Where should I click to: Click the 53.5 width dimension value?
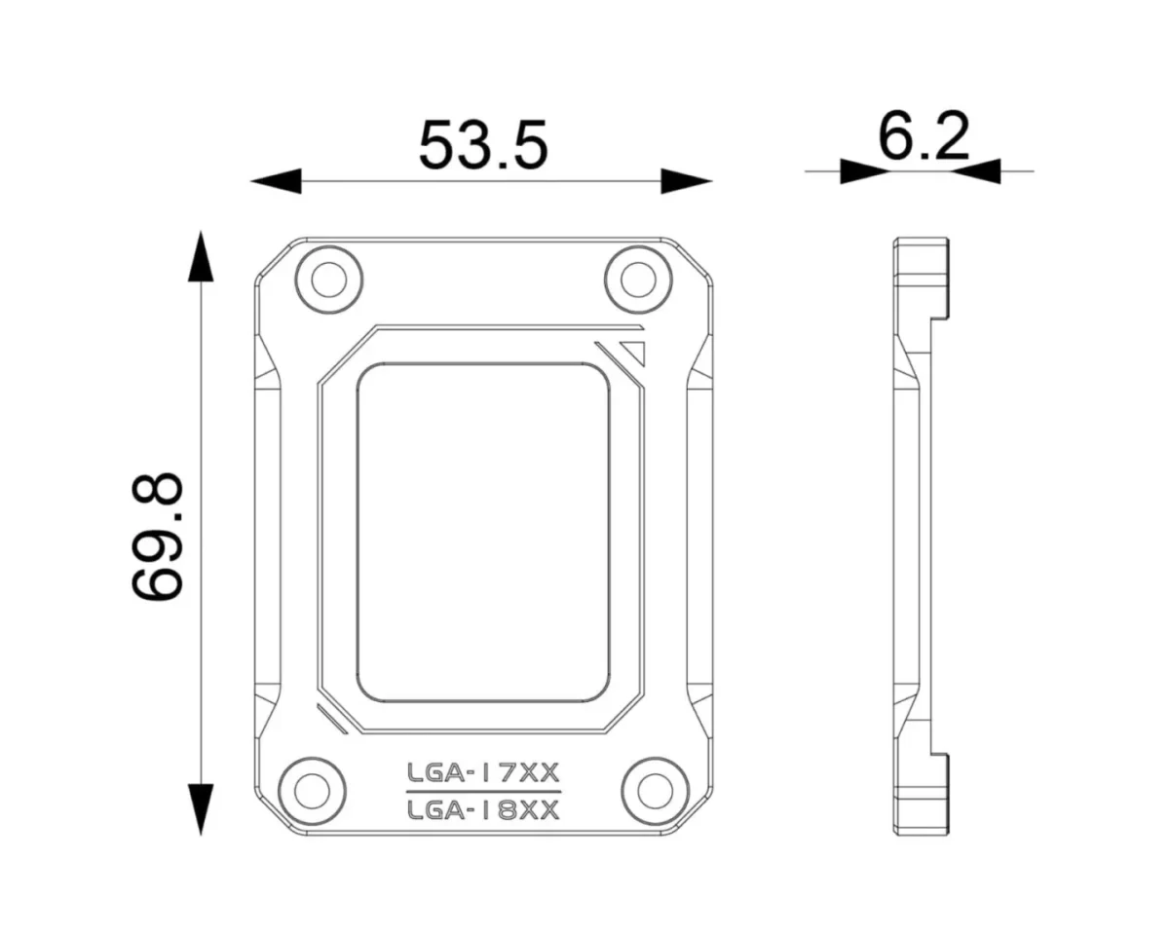(484, 145)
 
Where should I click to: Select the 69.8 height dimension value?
(158, 535)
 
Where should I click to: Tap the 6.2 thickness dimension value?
(924, 137)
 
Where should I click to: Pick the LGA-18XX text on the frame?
(483, 810)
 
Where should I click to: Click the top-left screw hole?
(327, 279)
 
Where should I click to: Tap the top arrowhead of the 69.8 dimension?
(201, 257)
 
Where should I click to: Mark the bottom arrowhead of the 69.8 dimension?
(201, 808)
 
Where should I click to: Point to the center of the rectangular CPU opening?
(483, 534)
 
